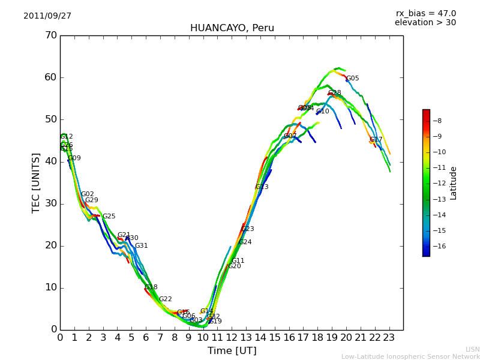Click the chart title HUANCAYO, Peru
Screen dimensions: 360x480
(232, 28)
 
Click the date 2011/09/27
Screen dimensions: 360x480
(47, 16)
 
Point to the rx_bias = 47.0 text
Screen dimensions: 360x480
(425, 14)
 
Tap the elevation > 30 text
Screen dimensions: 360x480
(425, 23)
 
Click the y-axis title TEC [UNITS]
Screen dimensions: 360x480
(36, 182)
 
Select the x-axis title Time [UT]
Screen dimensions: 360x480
(232, 351)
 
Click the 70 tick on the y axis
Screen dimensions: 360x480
(50, 35)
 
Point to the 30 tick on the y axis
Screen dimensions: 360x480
(50, 203)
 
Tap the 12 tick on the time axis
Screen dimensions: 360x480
(232, 338)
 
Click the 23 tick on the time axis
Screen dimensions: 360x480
(389, 338)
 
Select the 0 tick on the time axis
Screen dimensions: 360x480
(60, 338)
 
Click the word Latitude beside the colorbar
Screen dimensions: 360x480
(454, 183)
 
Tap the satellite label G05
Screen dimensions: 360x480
(353, 79)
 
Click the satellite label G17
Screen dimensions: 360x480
(376, 140)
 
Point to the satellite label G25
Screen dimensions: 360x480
(109, 217)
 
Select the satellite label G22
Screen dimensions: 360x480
(166, 299)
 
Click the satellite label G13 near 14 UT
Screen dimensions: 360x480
(262, 187)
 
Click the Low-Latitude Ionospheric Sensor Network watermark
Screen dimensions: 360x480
(410, 357)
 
